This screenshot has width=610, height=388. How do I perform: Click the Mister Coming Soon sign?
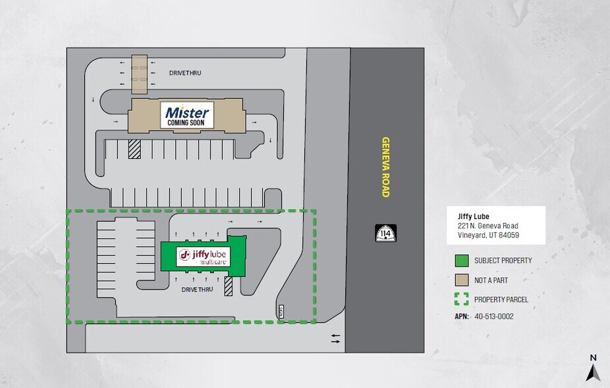187,115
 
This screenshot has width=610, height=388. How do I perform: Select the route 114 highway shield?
385,233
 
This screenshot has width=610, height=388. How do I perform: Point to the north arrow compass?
593,370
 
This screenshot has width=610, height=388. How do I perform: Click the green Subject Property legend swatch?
461,260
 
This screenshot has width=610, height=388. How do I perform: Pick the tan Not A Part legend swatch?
461,280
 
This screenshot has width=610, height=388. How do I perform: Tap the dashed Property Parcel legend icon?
461,299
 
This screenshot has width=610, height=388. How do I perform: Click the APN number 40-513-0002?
494,316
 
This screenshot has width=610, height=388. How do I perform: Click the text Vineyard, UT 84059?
488,235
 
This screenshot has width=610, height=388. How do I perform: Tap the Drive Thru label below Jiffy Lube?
198,289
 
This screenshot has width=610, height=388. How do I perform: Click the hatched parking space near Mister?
134,149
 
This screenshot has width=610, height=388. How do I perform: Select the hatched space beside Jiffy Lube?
229,286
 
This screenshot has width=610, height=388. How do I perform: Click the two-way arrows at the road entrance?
335,339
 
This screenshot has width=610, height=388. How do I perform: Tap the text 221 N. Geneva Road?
487,226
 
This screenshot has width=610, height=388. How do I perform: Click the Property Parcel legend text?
501,300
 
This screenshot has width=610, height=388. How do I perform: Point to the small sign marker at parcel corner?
280,310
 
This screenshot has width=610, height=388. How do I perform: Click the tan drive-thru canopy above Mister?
138,75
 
